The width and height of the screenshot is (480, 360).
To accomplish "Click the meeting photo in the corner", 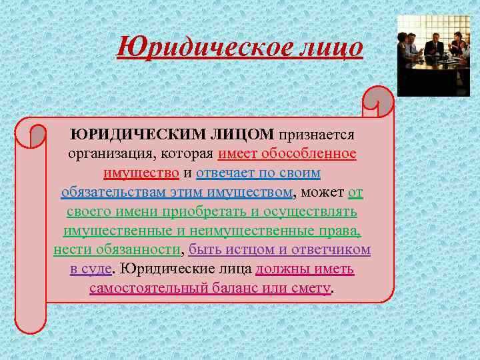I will tap(433, 56).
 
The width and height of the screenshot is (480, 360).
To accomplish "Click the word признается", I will tap(317, 134).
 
